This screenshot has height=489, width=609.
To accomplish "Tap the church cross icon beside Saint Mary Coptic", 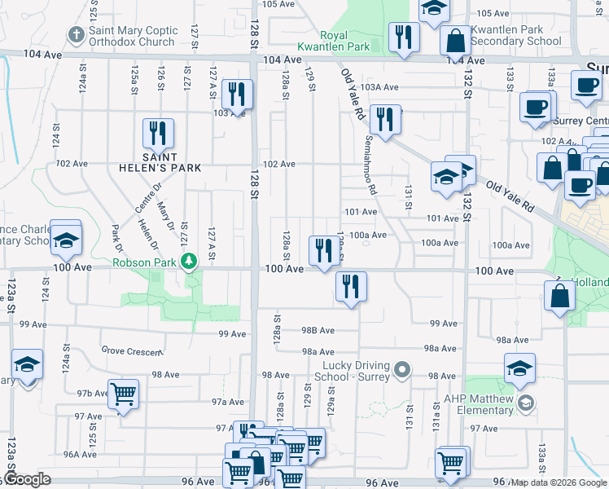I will click(x=76, y=35).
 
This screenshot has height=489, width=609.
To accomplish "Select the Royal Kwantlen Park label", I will click(x=344, y=41).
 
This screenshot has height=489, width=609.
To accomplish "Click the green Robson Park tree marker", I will click(x=190, y=262).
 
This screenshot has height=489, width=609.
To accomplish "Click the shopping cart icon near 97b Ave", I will click(x=124, y=394).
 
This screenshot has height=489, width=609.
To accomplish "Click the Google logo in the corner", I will click(x=26, y=479).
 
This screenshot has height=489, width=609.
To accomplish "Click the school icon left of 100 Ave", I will click(x=66, y=239).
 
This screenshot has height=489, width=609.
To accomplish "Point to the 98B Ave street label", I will click(x=318, y=330).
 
